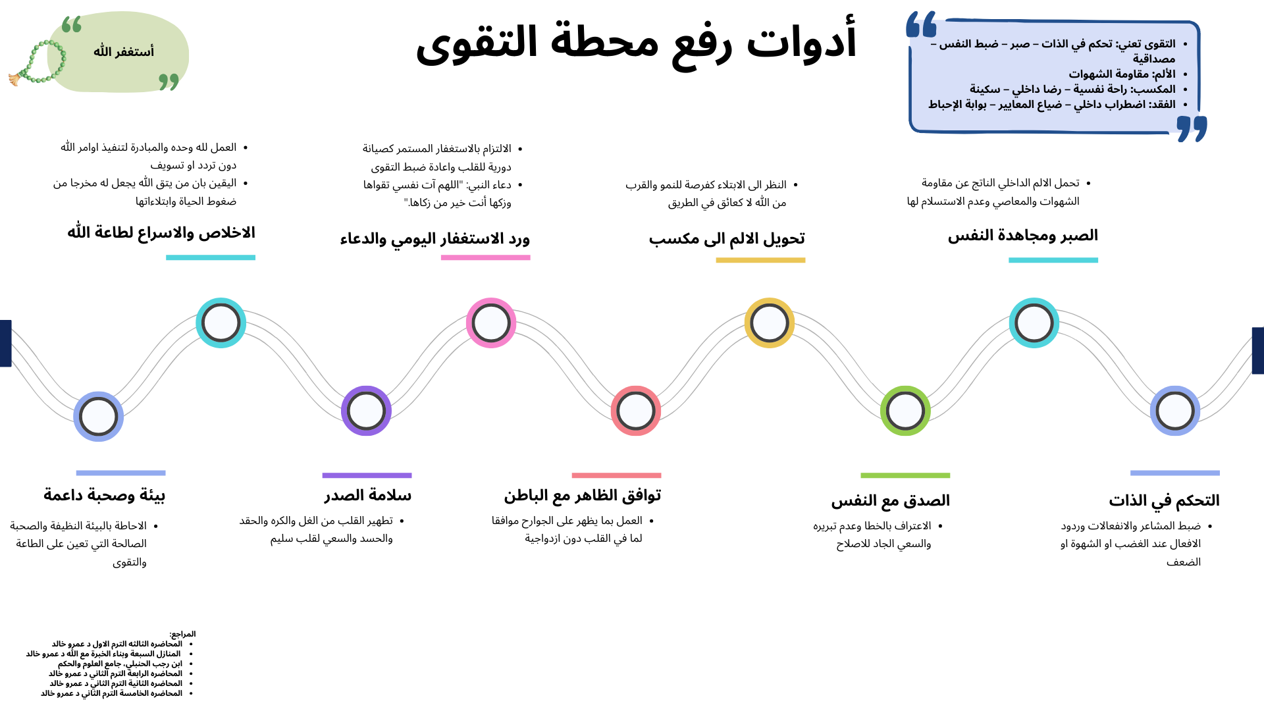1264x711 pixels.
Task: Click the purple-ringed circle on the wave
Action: (x=366, y=411)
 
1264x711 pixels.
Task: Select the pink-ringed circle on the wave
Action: (x=491, y=323)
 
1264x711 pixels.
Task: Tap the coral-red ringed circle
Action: (x=636, y=411)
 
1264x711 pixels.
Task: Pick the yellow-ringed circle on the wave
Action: (x=770, y=323)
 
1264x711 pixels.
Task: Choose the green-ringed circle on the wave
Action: (x=905, y=411)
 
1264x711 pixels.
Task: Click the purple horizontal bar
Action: (x=367, y=475)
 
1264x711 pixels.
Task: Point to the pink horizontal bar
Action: (x=485, y=257)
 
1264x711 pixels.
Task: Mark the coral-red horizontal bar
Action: (x=616, y=475)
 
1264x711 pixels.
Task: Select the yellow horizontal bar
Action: (x=760, y=260)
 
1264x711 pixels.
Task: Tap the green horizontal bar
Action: (x=905, y=475)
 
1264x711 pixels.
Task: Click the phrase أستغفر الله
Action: (x=124, y=51)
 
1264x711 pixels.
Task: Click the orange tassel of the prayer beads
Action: (x=14, y=80)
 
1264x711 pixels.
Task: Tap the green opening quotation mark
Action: (x=72, y=24)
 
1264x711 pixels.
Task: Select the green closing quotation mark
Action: (x=169, y=81)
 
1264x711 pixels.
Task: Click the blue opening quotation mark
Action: (x=921, y=24)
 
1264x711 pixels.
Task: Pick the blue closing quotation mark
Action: (x=1192, y=128)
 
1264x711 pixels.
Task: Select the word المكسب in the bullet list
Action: (x=1153, y=89)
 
